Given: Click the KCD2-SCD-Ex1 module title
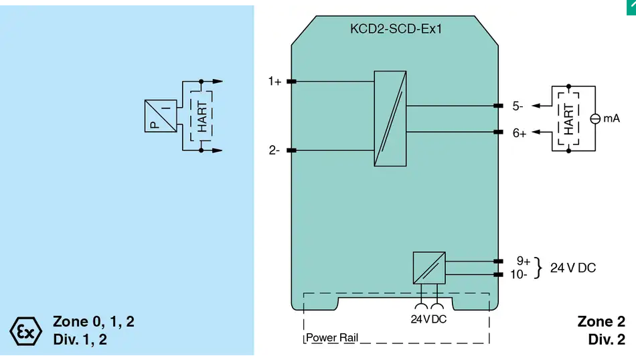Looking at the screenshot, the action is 396,29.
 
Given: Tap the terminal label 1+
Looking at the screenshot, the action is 274,82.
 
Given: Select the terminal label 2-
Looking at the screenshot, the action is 274,151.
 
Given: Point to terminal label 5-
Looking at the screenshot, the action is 518,106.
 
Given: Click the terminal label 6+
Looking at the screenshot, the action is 520,133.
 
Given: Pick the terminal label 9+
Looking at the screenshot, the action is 524,261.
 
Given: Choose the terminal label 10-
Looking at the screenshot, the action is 519,274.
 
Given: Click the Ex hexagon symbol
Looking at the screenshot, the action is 25,331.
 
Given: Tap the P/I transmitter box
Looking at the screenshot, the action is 161,116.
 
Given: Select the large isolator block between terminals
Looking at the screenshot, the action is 390,118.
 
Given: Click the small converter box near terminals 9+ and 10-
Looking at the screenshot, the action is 429,268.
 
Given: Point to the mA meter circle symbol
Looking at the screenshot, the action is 595,119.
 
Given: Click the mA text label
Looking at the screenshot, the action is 612,118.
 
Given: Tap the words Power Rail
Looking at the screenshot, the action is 332,338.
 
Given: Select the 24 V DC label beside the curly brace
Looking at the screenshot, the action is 572,268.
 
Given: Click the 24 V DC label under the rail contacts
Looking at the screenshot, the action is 428,319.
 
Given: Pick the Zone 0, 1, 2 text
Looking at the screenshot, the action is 94,321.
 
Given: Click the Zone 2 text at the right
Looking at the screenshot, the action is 601,321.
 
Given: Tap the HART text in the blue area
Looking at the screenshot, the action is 202,116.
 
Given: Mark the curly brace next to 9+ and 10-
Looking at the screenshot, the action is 538,268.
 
